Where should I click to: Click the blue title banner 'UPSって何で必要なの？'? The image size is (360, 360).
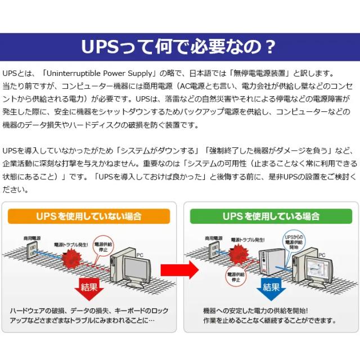(180, 47)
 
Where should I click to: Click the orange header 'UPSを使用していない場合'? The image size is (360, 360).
(88, 216)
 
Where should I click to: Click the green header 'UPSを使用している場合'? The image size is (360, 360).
(271, 216)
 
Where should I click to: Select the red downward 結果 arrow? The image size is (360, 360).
(89, 288)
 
